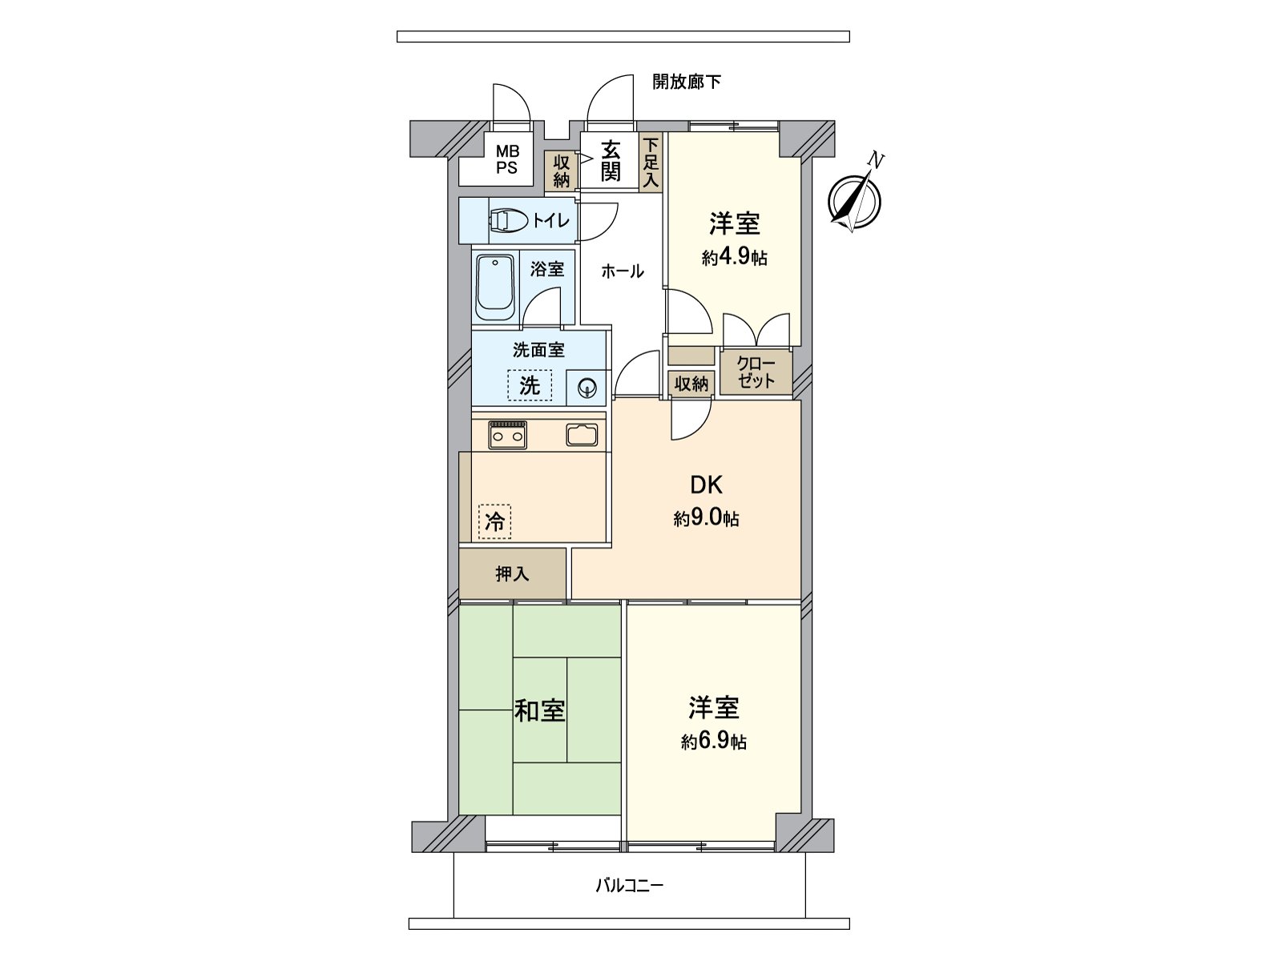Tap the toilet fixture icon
click(508, 219)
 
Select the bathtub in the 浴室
click(494, 287)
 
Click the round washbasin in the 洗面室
click(588, 389)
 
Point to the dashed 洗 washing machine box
click(530, 385)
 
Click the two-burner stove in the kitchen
click(508, 435)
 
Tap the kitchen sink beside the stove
click(583, 434)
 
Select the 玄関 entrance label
click(611, 161)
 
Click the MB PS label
click(506, 159)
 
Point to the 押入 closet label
click(512, 574)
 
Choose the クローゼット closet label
click(756, 372)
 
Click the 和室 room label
click(539, 710)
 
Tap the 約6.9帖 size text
click(713, 742)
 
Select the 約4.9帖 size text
click(734, 257)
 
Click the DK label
click(706, 485)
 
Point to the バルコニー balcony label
click(629, 886)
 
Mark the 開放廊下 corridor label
click(686, 82)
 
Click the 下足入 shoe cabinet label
click(651, 162)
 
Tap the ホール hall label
click(623, 271)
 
